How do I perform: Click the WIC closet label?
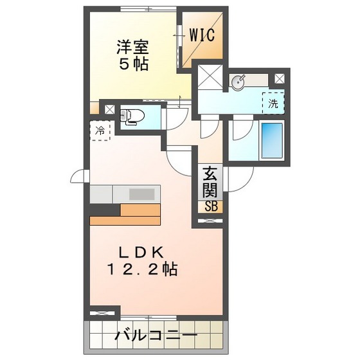201,34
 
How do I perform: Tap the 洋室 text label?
133,47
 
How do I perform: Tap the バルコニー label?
156,336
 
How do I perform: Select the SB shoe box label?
211,206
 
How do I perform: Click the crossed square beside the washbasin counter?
280,78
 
